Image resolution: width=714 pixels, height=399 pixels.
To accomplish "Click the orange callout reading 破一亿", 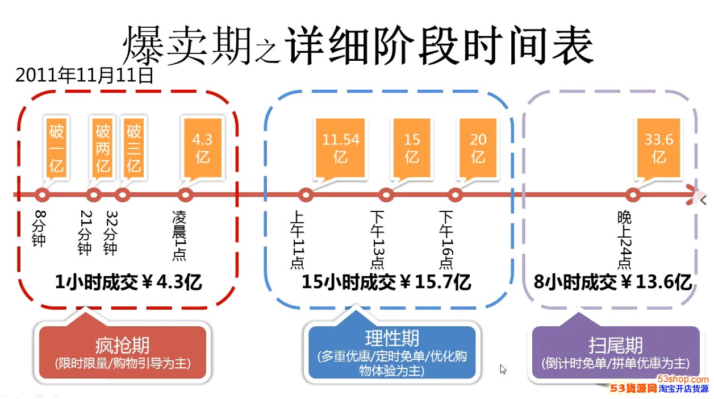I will [x=56, y=148].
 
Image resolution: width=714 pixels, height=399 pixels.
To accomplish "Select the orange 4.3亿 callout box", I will [x=203, y=147].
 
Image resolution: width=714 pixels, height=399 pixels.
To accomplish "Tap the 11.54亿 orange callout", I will [x=340, y=147].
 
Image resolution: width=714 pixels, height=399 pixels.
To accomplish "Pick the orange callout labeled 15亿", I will [x=412, y=147].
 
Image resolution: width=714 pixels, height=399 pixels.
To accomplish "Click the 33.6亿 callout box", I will [x=658, y=147].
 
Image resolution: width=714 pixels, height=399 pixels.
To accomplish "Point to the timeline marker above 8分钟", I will [x=41, y=195].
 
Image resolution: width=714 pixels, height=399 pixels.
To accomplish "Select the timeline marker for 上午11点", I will [x=306, y=195].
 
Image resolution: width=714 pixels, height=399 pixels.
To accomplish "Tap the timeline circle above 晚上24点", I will [x=632, y=195].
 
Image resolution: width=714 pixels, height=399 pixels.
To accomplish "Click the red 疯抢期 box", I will [x=122, y=352].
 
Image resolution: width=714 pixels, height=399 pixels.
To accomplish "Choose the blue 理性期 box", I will [x=392, y=352].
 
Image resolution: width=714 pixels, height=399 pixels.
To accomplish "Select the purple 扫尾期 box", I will [x=615, y=352].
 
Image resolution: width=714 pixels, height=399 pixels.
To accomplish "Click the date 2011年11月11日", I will [x=85, y=75].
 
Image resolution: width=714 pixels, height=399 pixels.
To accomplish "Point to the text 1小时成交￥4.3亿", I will [x=128, y=281].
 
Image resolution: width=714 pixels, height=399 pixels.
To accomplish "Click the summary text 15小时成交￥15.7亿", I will [x=386, y=281].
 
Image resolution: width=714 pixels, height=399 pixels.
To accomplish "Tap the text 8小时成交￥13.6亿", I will [x=612, y=281].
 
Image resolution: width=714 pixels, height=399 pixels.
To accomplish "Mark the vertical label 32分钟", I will [x=111, y=233].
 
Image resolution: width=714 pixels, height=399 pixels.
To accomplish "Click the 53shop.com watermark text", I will [x=683, y=379].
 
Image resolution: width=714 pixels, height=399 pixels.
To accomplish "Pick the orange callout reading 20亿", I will [x=478, y=147].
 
